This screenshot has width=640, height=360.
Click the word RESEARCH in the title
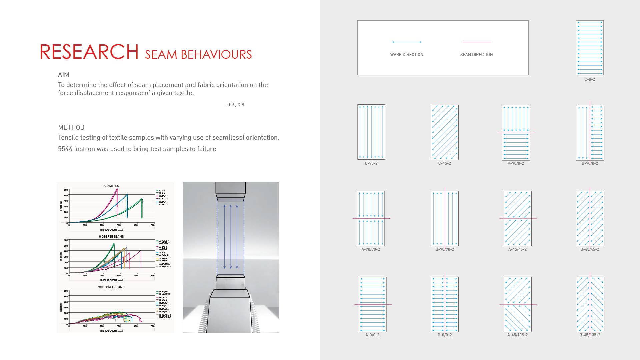pyautogui.click(x=89, y=52)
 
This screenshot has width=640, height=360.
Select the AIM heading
pyautogui.click(x=64, y=75)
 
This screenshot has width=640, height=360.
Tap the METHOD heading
pyautogui.click(x=71, y=128)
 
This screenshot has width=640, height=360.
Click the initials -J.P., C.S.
pyautogui.click(x=236, y=105)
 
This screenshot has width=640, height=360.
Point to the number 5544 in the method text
pyautogui.click(x=65, y=149)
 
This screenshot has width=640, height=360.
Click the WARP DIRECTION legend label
pyautogui.click(x=407, y=55)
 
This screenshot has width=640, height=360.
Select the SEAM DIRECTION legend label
pyautogui.click(x=476, y=55)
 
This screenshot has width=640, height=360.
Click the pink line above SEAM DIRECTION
pyautogui.click(x=477, y=42)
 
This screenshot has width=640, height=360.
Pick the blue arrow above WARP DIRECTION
pyautogui.click(x=407, y=42)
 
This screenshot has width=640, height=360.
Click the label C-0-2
pyautogui.click(x=590, y=79)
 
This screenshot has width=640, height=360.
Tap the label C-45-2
pyautogui.click(x=444, y=163)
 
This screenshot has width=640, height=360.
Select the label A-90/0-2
pyautogui.click(x=516, y=163)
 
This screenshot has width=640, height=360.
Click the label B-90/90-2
pyautogui.click(x=445, y=249)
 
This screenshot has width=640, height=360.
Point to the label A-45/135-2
pyautogui.click(x=517, y=335)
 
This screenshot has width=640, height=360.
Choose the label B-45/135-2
pyautogui.click(x=590, y=335)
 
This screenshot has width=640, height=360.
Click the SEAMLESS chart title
pyautogui.click(x=111, y=186)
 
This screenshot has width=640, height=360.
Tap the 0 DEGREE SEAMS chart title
pyautogui.click(x=111, y=237)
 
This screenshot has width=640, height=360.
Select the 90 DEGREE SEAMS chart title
pyautogui.click(x=111, y=287)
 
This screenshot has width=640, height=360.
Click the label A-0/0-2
pyautogui.click(x=372, y=335)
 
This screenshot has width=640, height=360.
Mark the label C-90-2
pyautogui.click(x=371, y=163)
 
